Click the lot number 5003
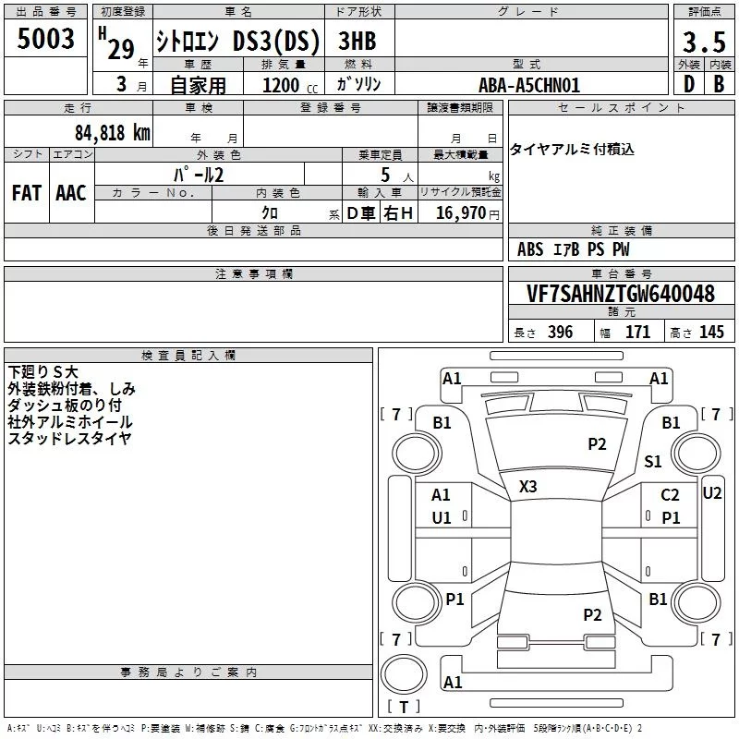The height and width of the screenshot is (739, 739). (x=45, y=38)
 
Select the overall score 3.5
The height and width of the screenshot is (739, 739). (x=704, y=42)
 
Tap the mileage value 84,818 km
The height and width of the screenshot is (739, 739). (x=113, y=132)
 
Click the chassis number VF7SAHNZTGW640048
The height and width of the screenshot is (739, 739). (x=621, y=293)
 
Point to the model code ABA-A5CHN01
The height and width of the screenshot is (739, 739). (x=528, y=85)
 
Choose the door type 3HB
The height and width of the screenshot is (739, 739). (x=357, y=41)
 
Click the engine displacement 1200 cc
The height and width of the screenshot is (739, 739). (x=290, y=85)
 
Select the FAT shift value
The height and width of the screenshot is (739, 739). (x=27, y=193)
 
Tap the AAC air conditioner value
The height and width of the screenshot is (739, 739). (x=71, y=193)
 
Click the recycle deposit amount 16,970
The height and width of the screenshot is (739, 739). (x=460, y=212)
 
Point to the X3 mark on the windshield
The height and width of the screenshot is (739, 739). (x=527, y=486)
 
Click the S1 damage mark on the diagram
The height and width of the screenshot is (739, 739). (x=653, y=461)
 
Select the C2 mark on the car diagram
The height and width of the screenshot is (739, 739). (x=670, y=495)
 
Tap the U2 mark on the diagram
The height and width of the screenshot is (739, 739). (x=712, y=493)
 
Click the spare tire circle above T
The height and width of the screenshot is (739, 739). (x=404, y=674)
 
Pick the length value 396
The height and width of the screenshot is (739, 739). (x=560, y=332)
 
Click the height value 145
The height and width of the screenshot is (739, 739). (x=711, y=332)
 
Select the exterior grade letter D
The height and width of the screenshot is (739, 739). (x=689, y=84)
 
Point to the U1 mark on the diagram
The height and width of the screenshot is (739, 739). (x=442, y=518)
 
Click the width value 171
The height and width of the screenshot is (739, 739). (x=637, y=332)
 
